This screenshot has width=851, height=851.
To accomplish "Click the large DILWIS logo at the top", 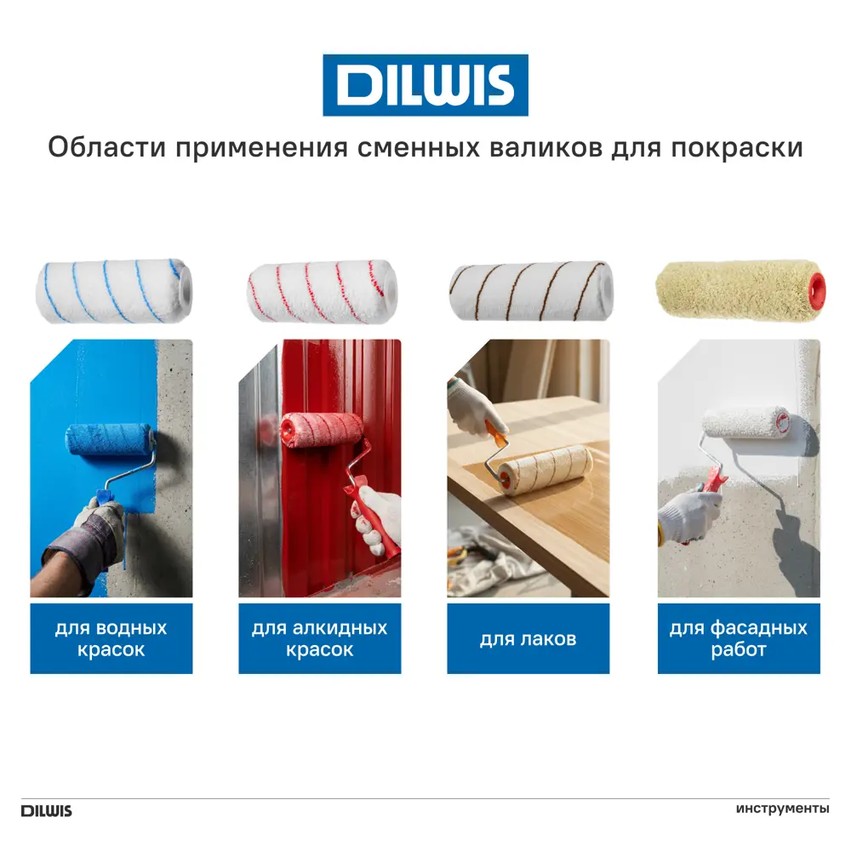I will (425, 85).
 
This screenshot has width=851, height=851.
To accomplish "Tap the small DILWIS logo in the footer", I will (47, 810).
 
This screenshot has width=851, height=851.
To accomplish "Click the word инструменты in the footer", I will (782, 808).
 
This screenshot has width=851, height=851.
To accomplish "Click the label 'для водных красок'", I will (111, 638).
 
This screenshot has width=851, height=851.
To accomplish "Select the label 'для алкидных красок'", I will (319, 638).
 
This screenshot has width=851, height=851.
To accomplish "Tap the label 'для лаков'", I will (528, 638).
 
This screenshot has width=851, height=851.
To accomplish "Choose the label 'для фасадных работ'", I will (738, 638).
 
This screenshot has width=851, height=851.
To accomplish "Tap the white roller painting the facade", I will (745, 425).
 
